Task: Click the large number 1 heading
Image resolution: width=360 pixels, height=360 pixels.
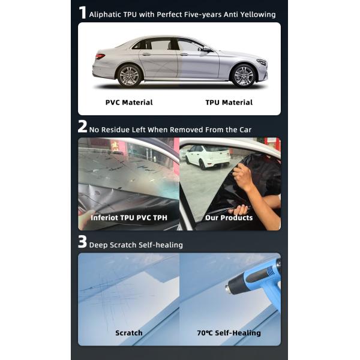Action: coord(83,13)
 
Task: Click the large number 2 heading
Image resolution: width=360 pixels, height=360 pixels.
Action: coord(83,128)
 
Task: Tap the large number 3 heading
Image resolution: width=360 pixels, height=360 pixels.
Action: coord(83,243)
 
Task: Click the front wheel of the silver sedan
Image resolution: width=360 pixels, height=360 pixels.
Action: coord(244,76)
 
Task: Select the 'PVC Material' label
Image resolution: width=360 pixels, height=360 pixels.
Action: coord(129,103)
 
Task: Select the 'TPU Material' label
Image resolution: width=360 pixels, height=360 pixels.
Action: coord(229,103)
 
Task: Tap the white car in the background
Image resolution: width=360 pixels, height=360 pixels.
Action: coord(208,157)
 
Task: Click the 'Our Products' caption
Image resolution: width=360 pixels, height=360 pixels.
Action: coord(229,218)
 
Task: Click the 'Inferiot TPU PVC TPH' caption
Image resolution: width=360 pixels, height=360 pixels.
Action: coord(129,218)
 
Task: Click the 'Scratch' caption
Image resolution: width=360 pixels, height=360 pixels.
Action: coord(129,332)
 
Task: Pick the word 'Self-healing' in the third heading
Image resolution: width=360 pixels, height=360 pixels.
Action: coord(161,245)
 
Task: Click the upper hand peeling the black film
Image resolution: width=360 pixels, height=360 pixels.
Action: coord(243,176)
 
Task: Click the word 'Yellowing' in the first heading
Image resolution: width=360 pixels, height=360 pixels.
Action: coord(258,14)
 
